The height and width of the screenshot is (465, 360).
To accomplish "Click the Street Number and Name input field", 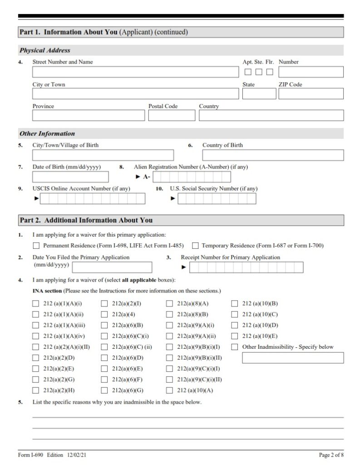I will (135, 72).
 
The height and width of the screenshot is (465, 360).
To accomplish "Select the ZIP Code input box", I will (311, 94).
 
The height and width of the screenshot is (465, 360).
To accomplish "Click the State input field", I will (259, 94).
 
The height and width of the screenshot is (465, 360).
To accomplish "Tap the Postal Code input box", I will (172, 115).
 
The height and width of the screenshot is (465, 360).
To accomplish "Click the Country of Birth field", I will (273, 155).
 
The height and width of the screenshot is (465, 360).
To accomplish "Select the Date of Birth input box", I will (70, 177).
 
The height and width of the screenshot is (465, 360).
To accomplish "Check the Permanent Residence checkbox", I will (36, 246).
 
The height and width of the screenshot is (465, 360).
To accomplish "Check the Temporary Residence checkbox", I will (195, 246).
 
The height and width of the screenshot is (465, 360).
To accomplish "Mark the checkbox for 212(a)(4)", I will (104, 314).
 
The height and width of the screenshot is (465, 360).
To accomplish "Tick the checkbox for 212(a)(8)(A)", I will (169, 304).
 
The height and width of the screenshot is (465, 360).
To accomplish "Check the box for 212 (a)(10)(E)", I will (235, 336).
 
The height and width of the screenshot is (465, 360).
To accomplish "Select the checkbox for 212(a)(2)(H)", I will (36, 391).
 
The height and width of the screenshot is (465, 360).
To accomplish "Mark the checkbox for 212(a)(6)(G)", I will (104, 391).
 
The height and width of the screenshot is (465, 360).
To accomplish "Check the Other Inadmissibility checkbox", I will (235, 347).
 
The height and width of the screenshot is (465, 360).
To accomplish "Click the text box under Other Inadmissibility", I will (292, 358).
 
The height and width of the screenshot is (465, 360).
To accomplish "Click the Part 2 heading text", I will (86, 220).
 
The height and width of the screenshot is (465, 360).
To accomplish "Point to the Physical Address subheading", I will (45, 50).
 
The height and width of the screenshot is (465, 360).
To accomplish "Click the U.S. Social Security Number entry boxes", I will (217, 198).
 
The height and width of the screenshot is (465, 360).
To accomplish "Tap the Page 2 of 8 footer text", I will (331, 455).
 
